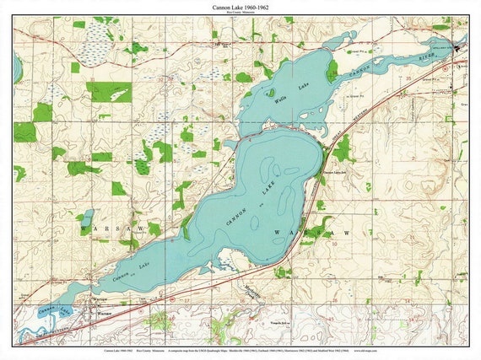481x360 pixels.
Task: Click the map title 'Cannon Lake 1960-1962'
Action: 240,7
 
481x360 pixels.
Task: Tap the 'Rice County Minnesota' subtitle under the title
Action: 240,13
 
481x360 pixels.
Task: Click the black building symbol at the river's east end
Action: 459,47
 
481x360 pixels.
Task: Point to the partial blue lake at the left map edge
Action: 18,69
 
